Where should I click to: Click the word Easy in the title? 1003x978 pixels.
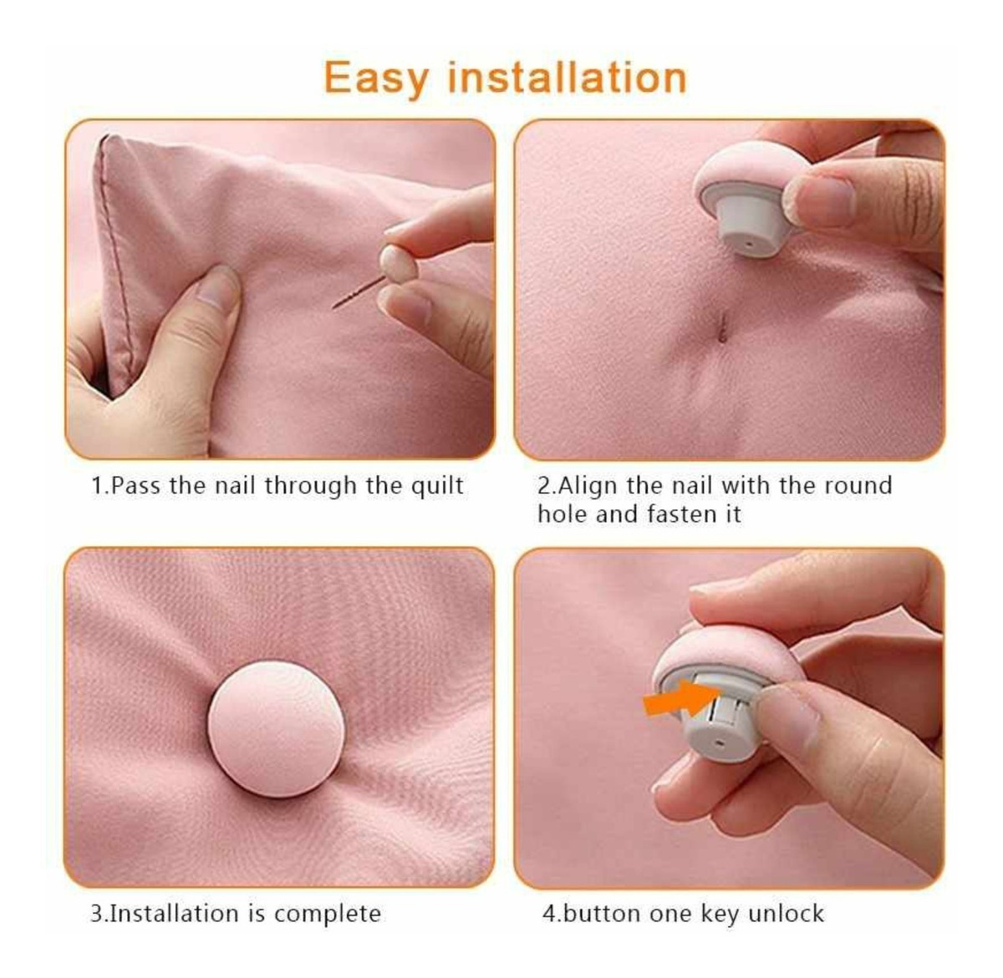[376, 79]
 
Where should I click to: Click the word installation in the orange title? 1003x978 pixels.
[568, 76]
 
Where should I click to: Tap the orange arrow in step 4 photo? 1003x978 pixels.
[680, 697]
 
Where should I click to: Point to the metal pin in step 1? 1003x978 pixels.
[359, 292]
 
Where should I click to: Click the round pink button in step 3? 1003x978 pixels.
[277, 729]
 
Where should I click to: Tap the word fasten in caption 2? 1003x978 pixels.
[680, 514]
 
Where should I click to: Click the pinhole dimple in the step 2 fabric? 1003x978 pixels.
[722, 327]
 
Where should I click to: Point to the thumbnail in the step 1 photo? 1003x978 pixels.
[217, 290]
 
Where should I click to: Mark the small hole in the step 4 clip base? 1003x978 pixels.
[720, 743]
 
